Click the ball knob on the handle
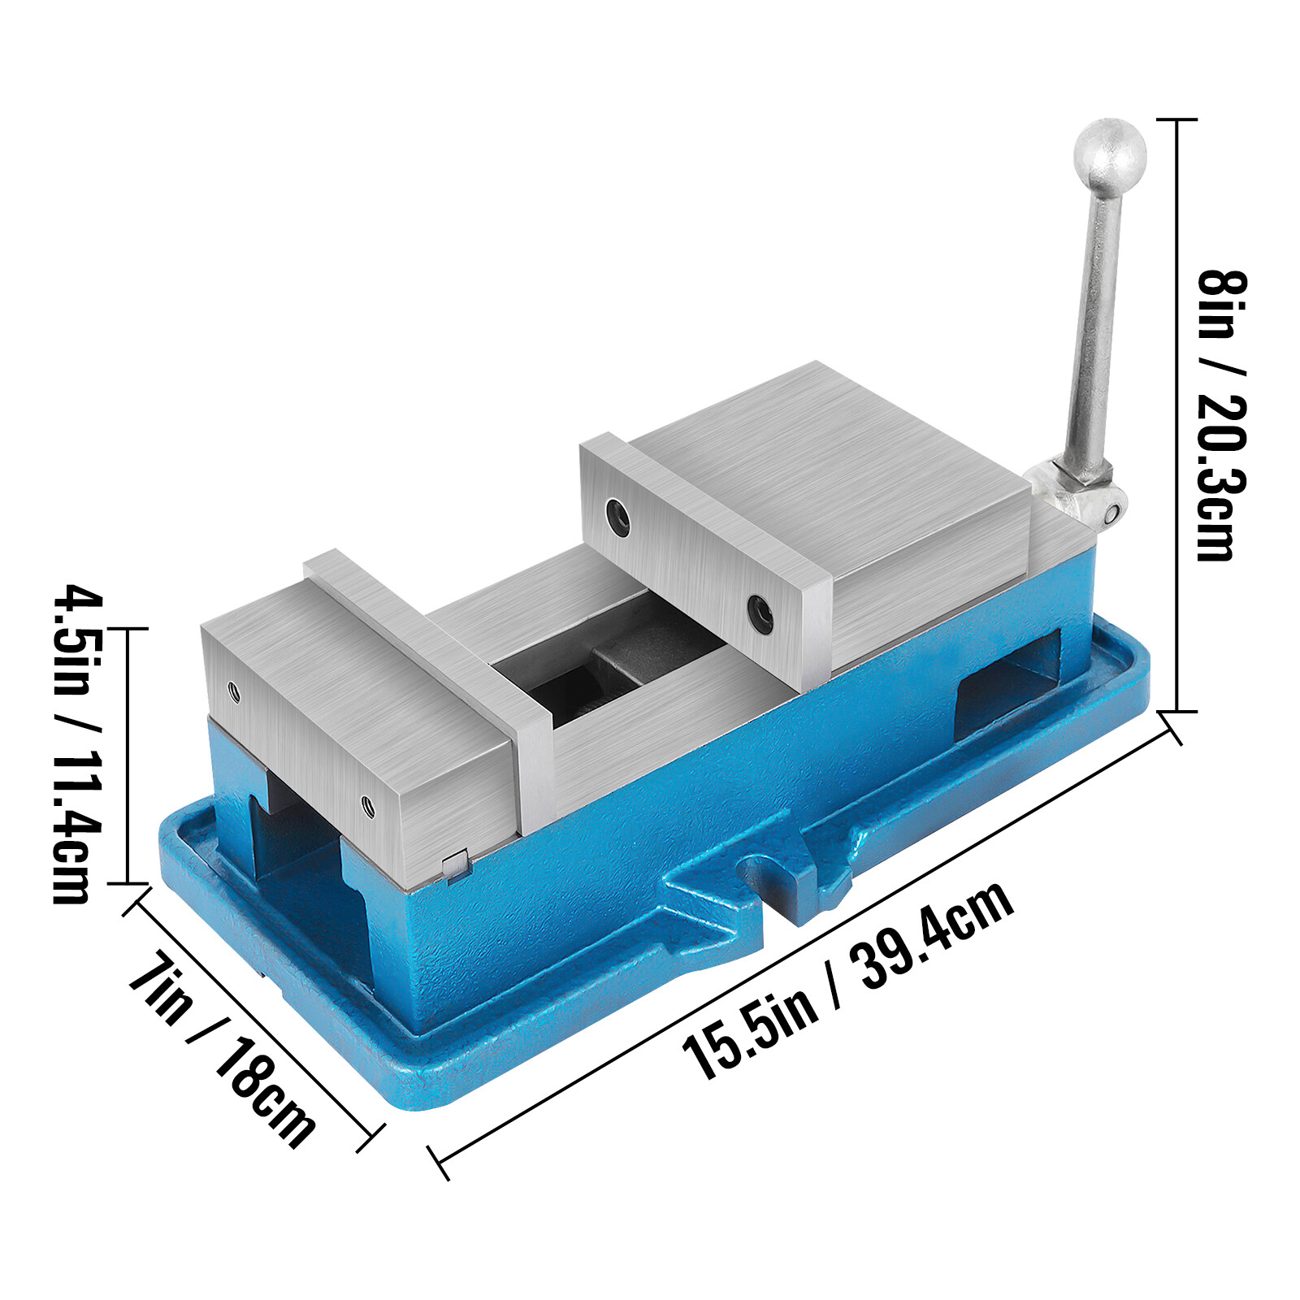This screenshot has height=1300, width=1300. (1109, 154)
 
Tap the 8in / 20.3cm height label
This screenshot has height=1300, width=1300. (1221, 414)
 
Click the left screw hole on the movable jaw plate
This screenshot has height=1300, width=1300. (617, 516)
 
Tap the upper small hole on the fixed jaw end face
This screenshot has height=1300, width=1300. (234, 691)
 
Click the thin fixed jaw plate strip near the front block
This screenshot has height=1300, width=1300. (422, 642)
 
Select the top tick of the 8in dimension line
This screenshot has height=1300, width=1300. (1176, 119)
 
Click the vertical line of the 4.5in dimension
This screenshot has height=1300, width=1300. (128, 756)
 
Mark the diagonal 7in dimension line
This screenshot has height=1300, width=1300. (252, 1016)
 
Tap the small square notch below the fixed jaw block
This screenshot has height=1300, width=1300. (456, 863)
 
